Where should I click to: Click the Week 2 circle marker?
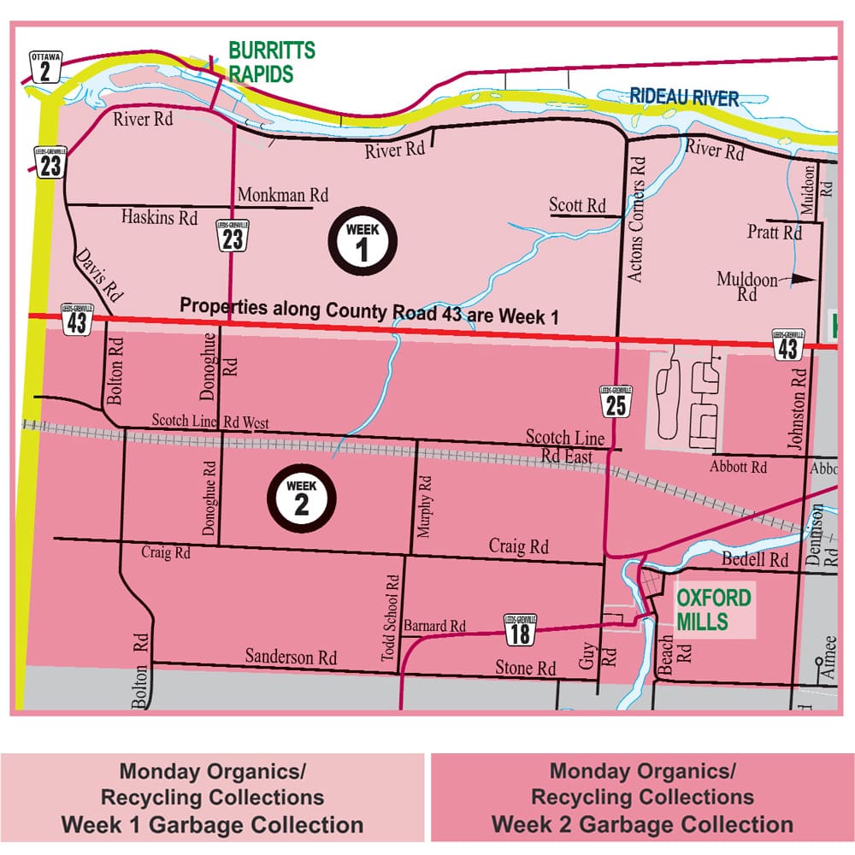[301, 497]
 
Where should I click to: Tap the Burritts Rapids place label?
[271, 62]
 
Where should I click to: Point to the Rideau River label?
[684, 97]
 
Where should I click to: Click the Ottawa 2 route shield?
[45, 66]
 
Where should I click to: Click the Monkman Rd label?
[283, 195]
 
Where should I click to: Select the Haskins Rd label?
[159, 217]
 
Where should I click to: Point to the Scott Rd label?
[577, 205]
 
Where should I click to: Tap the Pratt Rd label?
[775, 232]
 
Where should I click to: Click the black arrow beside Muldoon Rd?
[803, 278]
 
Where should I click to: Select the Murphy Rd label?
[426, 507]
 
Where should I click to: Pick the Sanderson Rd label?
[291, 657]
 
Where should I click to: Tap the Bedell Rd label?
[755, 560]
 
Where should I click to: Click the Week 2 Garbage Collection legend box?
[641, 797]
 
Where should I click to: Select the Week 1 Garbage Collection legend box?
[212, 797]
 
